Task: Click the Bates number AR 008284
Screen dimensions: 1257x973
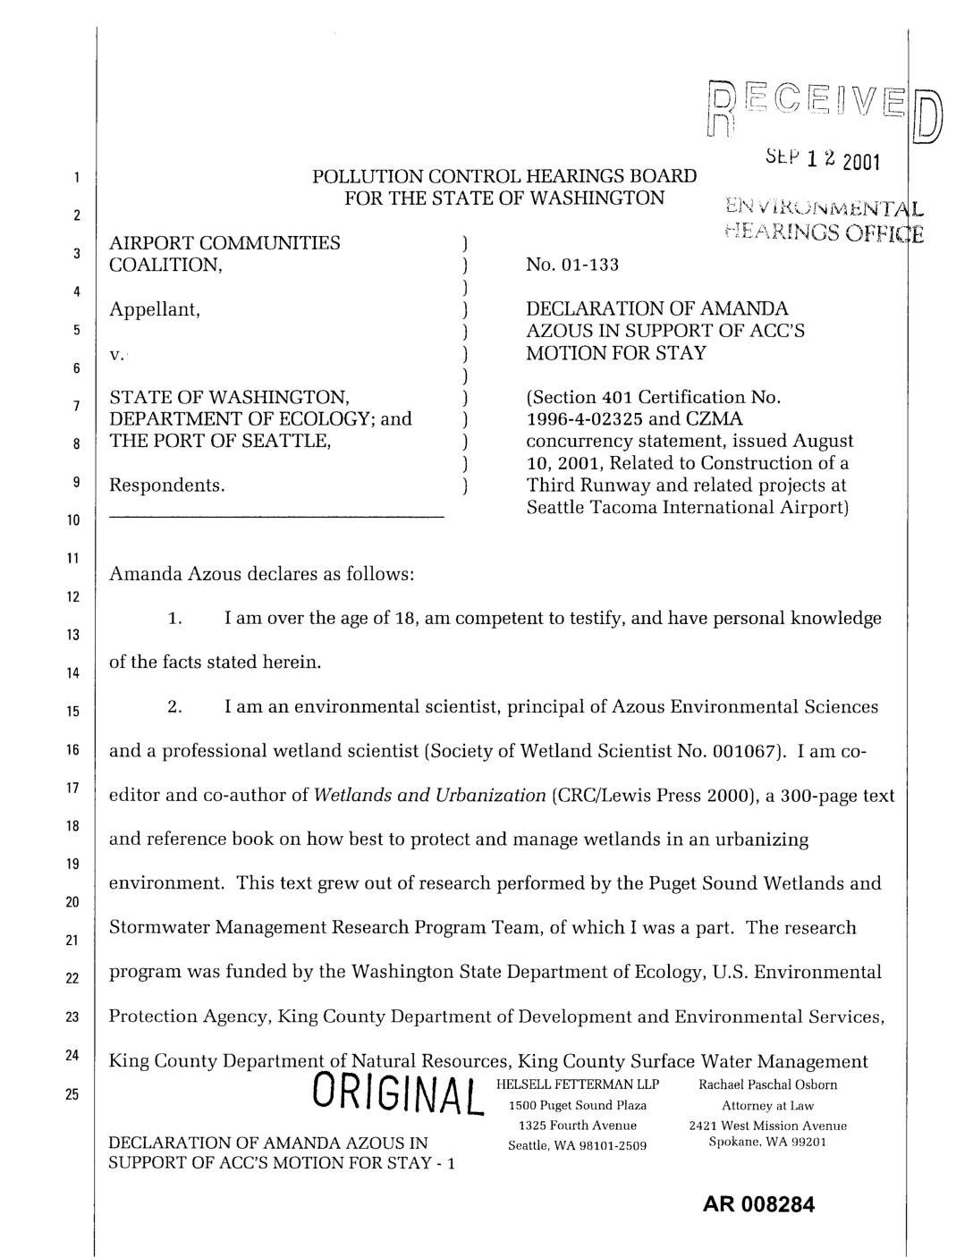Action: tap(759, 1204)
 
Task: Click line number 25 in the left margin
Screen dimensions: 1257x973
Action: tap(76, 1094)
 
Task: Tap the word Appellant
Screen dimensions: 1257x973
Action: tap(154, 309)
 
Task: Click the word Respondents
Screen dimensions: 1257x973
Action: tap(166, 485)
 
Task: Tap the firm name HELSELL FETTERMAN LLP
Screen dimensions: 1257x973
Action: tap(577, 1084)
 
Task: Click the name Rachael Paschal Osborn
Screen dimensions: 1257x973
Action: tap(768, 1084)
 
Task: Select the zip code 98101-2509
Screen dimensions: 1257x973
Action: tap(607, 1145)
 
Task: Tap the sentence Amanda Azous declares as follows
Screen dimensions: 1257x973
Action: tap(260, 574)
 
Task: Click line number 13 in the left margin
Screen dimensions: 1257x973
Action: tap(76, 635)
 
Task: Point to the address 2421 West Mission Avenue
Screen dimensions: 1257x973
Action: tap(768, 1126)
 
